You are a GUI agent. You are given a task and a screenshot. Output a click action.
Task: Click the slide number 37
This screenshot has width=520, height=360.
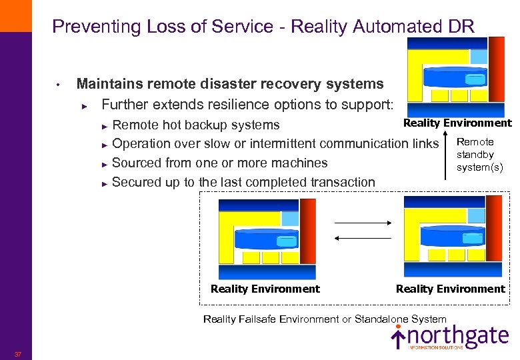tap(17, 354)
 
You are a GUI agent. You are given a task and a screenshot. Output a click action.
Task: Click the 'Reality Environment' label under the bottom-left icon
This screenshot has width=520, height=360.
tap(265, 289)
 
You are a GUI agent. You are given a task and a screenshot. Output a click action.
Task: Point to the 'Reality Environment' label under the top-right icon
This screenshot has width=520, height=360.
tap(457, 123)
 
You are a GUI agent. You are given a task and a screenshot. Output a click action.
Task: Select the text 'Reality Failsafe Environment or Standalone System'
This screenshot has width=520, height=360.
tap(325, 319)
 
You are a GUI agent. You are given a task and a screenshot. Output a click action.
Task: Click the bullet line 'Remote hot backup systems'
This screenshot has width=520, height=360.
tap(195, 125)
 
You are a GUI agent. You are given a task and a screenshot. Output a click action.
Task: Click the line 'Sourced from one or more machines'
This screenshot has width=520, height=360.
tap(219, 163)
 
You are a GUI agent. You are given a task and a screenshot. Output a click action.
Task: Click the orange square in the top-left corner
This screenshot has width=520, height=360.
tap(15, 15)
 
